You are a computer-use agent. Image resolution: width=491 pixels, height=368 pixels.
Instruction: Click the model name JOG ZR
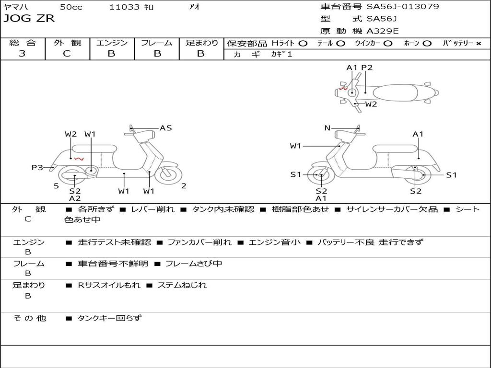click(x=29, y=19)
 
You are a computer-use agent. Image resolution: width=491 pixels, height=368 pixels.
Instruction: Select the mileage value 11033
click(x=124, y=7)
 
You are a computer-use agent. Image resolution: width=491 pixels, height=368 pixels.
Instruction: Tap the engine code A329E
click(x=383, y=31)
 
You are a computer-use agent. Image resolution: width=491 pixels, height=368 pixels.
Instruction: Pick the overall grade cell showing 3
click(x=22, y=54)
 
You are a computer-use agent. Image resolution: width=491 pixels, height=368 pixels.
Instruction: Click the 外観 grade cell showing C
click(x=67, y=54)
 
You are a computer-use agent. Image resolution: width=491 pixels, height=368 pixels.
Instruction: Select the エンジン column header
click(x=112, y=43)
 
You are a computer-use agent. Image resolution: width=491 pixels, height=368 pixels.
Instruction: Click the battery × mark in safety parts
click(x=478, y=44)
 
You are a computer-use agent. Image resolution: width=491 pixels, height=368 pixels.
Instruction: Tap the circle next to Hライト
click(x=303, y=44)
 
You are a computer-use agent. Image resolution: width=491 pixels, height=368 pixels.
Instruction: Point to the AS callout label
click(x=165, y=128)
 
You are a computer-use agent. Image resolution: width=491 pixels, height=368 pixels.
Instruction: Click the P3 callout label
click(x=37, y=167)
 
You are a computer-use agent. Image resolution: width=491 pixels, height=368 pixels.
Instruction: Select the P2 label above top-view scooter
click(x=367, y=68)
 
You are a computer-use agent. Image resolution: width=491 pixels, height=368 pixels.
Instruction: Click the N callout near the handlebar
click(x=327, y=128)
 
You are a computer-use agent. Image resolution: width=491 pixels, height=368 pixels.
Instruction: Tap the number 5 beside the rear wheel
click(x=56, y=186)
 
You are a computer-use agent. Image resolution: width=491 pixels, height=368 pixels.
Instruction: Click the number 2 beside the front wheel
click(x=184, y=186)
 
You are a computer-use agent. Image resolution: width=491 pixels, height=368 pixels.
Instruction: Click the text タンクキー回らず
click(x=109, y=318)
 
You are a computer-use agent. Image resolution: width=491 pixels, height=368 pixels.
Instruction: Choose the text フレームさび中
click(x=194, y=264)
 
